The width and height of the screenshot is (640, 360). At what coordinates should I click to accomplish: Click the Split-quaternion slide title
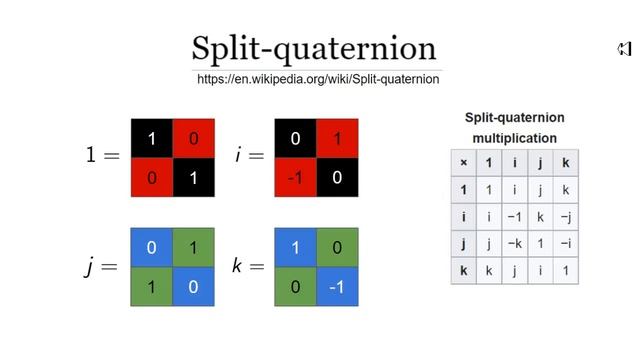click(314, 48)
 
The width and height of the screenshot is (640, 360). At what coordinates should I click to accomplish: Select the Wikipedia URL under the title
click(318, 79)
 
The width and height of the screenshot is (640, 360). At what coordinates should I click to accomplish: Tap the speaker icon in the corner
click(624, 49)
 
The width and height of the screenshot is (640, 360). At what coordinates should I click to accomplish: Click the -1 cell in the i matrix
click(295, 177)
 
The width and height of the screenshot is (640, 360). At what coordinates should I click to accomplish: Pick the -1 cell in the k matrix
click(337, 286)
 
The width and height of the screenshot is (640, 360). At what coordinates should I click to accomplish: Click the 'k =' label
click(247, 267)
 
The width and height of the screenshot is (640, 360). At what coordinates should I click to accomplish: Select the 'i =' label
click(249, 157)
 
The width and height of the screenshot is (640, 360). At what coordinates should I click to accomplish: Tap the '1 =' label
click(102, 157)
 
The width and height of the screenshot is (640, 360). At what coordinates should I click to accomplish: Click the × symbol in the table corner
click(463, 162)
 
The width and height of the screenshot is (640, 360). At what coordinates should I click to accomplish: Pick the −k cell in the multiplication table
click(514, 243)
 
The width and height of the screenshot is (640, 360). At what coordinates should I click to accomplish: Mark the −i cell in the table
click(565, 243)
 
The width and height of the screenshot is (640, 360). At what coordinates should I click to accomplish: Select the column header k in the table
click(565, 162)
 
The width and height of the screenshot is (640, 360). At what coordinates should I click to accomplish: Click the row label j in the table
click(463, 243)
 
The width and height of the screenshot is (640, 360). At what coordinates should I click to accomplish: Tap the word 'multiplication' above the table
click(514, 138)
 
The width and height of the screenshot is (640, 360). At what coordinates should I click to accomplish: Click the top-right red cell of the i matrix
click(337, 139)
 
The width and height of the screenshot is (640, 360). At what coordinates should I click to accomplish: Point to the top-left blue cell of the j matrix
click(151, 248)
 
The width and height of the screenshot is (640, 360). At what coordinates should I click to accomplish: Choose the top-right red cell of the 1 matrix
click(194, 139)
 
